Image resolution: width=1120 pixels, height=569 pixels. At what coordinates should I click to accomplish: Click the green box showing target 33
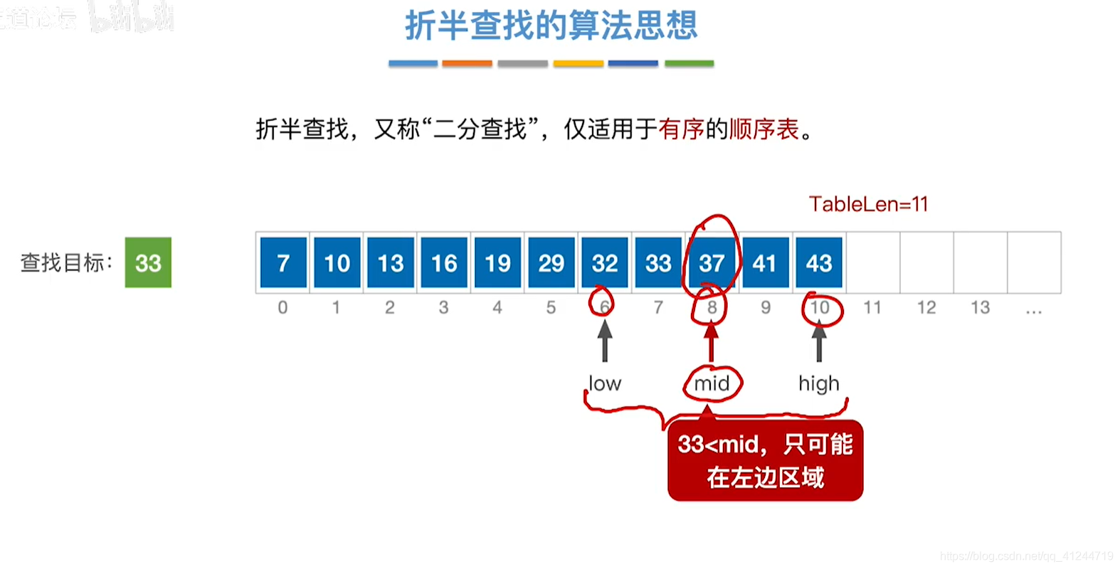(148, 262)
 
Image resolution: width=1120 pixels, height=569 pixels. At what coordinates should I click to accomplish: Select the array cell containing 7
(283, 262)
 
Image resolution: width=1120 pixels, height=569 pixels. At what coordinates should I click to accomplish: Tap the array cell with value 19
(497, 262)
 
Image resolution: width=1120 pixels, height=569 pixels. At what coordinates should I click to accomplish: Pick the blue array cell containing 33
(658, 262)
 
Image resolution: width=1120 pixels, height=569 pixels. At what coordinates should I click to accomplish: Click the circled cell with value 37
(712, 262)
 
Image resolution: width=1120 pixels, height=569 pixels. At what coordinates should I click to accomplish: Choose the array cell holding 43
(819, 262)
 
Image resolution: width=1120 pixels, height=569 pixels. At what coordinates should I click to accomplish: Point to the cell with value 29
(551, 262)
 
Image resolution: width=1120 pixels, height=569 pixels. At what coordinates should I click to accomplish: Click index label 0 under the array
(282, 307)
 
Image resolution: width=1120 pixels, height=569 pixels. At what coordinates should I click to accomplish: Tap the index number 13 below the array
(980, 307)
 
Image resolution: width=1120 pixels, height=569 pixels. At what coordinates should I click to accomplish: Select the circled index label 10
(820, 307)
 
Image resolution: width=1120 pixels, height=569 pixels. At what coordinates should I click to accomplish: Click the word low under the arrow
(605, 383)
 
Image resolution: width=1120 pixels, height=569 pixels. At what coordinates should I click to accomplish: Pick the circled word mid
(712, 383)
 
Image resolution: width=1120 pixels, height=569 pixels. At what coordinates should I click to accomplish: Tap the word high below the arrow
(819, 383)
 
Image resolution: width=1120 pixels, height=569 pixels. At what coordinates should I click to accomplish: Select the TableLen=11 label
(868, 204)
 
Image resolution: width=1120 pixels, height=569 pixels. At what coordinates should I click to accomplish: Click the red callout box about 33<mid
(765, 461)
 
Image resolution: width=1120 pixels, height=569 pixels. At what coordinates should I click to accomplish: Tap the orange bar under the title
(467, 63)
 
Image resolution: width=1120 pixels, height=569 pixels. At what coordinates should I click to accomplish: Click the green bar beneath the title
(689, 63)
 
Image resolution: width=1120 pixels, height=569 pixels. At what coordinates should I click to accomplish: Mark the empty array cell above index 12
(926, 262)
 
